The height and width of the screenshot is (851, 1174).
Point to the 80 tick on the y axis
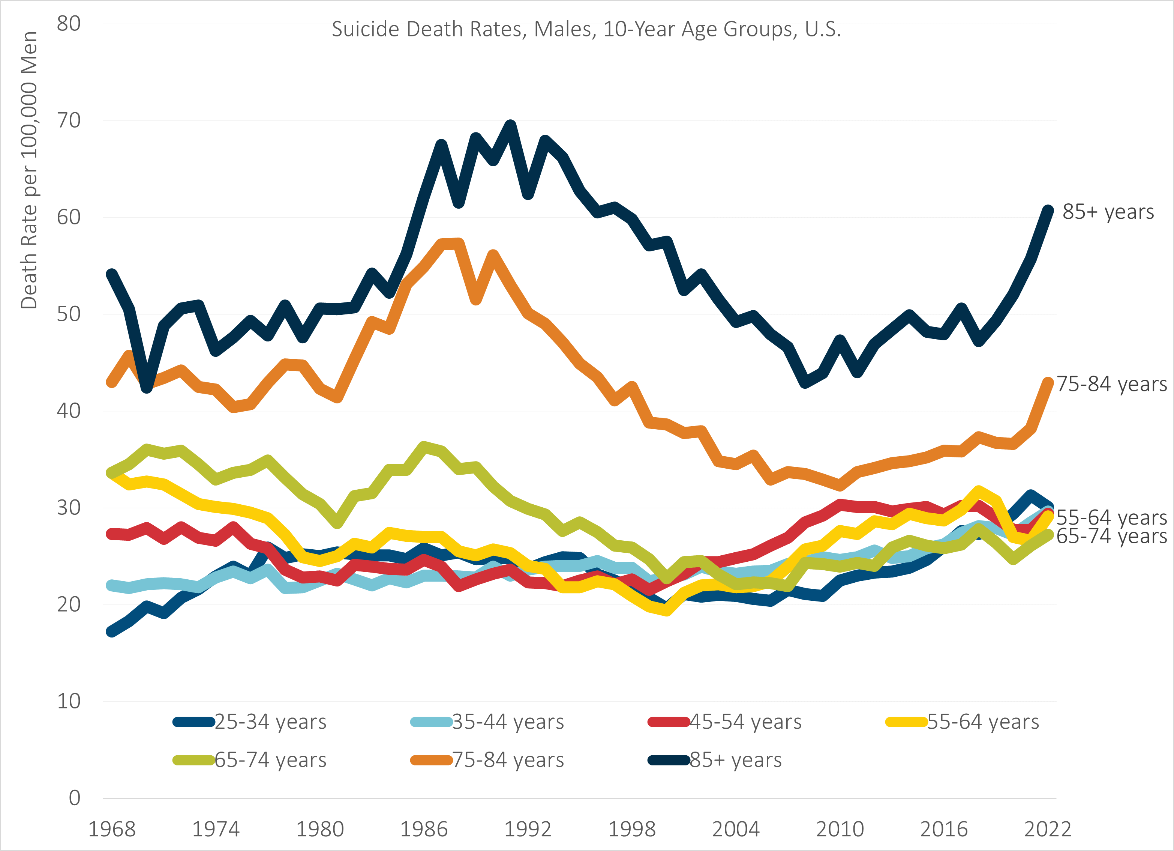click(x=69, y=23)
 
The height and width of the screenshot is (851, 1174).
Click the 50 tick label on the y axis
click(x=69, y=314)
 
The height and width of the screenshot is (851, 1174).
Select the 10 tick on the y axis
click(x=69, y=701)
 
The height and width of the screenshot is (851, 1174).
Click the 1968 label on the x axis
click(x=112, y=829)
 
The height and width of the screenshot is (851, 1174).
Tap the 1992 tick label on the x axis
click(x=528, y=829)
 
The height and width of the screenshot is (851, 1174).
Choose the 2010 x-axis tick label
click(x=840, y=829)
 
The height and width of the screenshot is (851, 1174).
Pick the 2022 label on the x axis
click(x=1047, y=829)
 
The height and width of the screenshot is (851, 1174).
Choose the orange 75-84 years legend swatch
click(x=431, y=760)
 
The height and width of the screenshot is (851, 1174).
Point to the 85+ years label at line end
click(x=1108, y=212)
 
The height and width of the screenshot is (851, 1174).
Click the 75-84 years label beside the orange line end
click(x=1111, y=384)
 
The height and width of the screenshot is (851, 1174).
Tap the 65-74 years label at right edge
click(x=1111, y=536)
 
